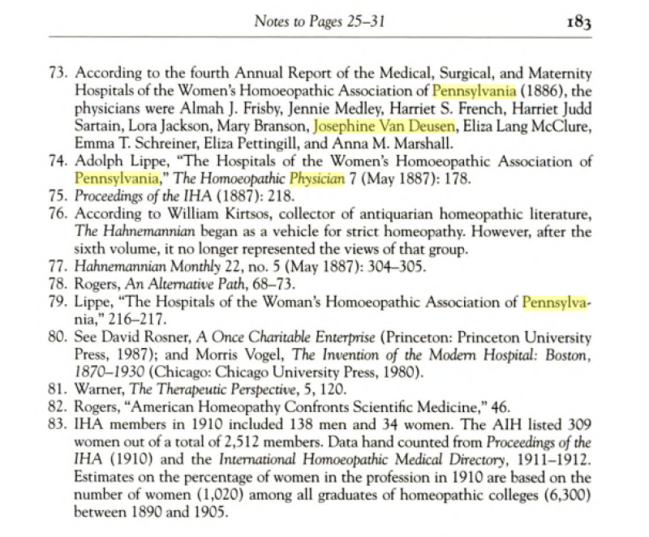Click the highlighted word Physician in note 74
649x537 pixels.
[x=317, y=178]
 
